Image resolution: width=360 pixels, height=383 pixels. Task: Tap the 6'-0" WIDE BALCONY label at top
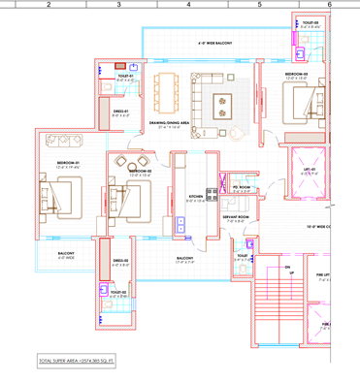pos(215,44)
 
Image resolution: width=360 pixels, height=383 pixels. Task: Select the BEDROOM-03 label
pos(297,75)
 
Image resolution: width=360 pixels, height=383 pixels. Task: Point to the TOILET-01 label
pos(125,75)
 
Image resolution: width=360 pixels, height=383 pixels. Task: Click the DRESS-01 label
pos(120,112)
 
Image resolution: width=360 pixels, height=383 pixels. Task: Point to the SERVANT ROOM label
pos(238,217)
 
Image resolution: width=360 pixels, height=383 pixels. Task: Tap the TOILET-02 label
pos(118,292)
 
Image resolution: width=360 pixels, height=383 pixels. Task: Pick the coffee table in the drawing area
pos(221,100)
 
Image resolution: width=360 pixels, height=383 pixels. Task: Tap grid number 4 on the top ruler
pos(188,5)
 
